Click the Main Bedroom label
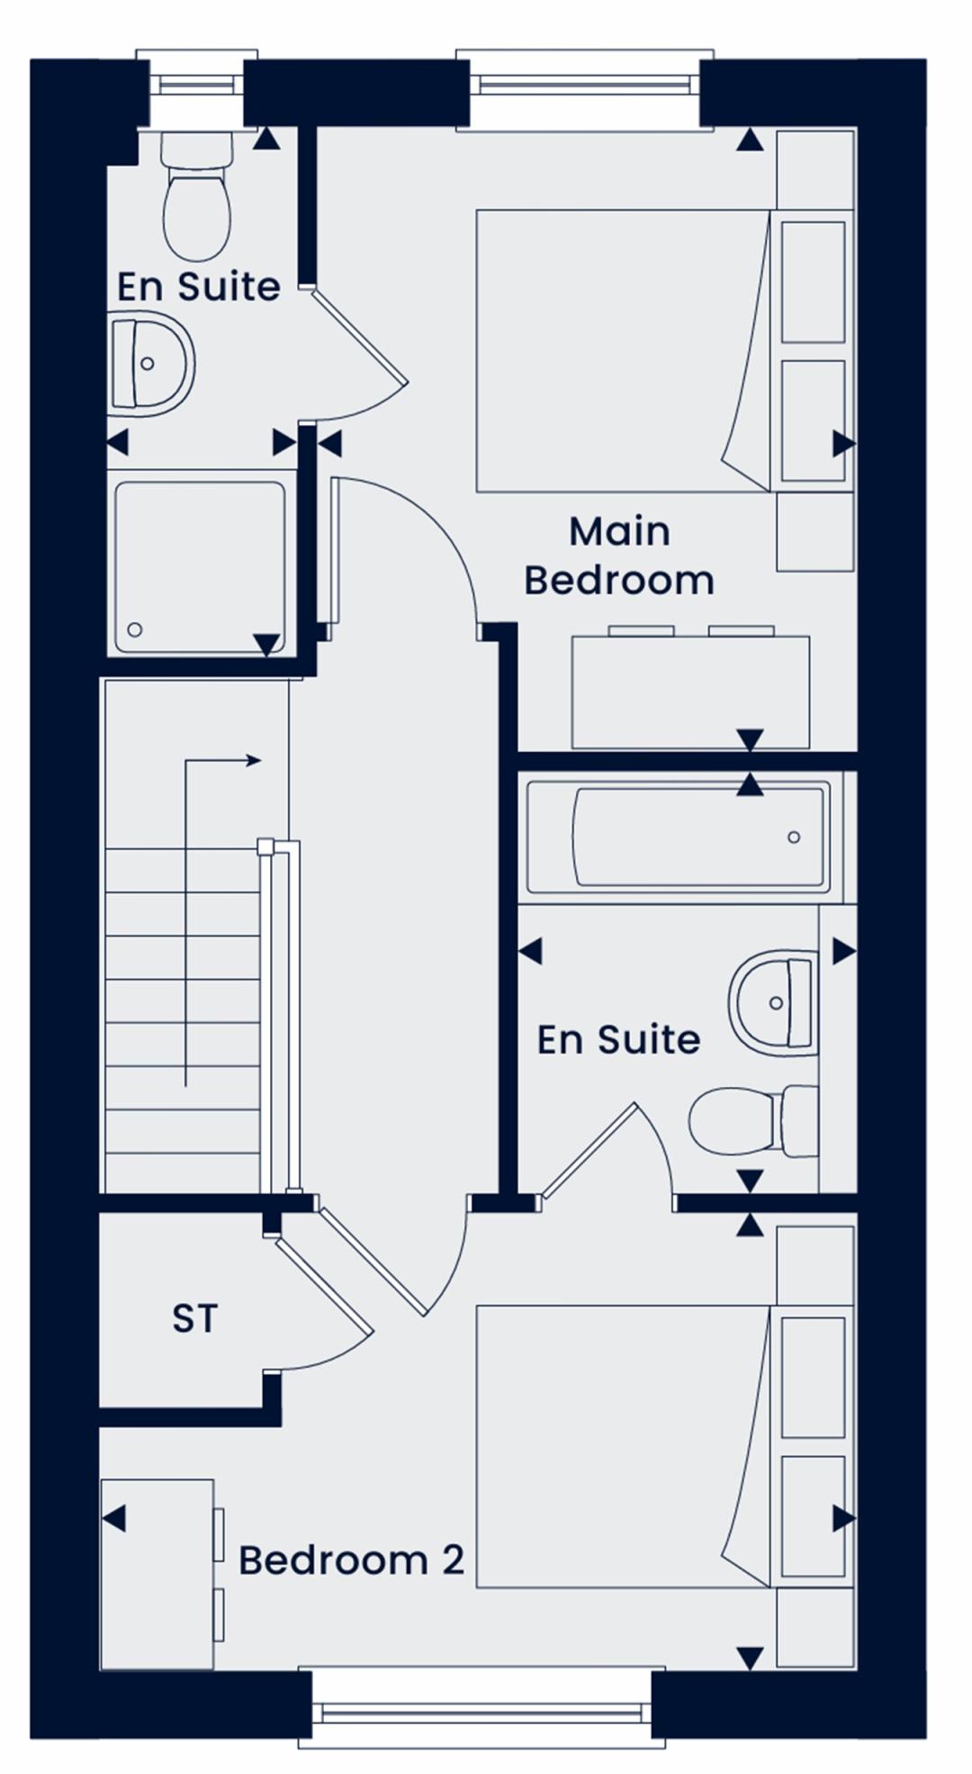coord(619,556)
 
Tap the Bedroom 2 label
coord(351,1560)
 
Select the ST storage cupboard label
coord(194,1318)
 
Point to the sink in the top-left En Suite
coord(150,364)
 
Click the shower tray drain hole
coord(135,629)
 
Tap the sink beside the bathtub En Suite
coord(773,1002)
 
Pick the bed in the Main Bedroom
coord(623,350)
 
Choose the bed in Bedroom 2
coord(623,1446)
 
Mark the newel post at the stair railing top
coord(265,846)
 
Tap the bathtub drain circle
coord(794,837)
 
